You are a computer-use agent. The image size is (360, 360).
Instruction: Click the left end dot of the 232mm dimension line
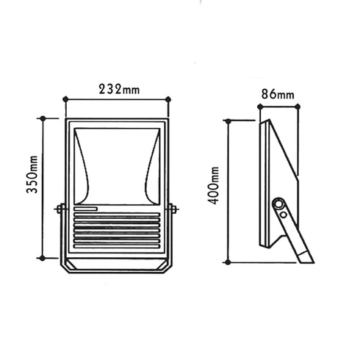[x=65, y=98]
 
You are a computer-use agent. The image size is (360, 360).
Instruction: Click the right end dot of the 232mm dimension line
[x=168, y=98]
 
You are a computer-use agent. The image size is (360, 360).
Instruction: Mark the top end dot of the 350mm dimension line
[x=43, y=118]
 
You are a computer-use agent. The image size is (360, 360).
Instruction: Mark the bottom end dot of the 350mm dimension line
[x=43, y=259]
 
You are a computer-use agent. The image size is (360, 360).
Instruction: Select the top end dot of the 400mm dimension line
[x=230, y=120]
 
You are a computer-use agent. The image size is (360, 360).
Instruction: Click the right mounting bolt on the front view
[x=173, y=209]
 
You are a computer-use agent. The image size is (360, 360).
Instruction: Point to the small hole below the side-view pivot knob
[x=284, y=215]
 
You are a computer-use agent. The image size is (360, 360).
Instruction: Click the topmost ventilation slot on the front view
[x=117, y=217]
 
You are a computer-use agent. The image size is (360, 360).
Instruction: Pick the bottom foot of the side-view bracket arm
[x=307, y=258]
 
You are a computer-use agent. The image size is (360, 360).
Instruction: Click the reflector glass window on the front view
[x=117, y=165]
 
